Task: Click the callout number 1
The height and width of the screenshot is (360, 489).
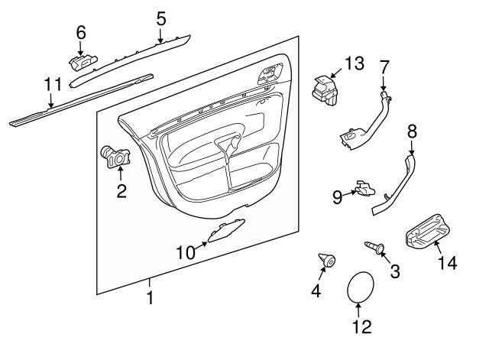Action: [x=150, y=297]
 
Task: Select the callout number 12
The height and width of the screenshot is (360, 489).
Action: [x=361, y=327]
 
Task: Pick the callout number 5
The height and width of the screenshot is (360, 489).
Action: [x=160, y=18]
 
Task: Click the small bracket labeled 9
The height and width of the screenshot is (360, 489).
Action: [x=363, y=188]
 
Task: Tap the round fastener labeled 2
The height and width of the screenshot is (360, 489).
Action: [x=115, y=156]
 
